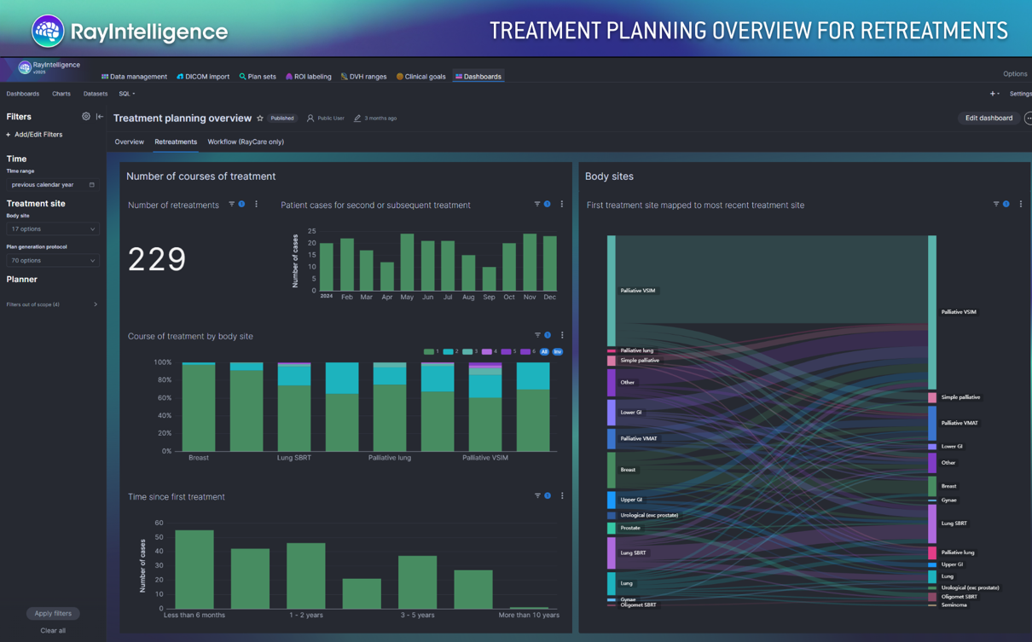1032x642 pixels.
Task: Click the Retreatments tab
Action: [176, 142]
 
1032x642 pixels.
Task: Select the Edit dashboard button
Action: [989, 119]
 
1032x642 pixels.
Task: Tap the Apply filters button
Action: [53, 613]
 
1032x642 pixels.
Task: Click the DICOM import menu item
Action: [203, 77]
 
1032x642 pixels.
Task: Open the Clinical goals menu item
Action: [420, 77]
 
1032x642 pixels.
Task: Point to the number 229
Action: [157, 259]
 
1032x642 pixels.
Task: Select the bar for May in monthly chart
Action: [407, 263]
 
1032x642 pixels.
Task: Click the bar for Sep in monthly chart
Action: [489, 279]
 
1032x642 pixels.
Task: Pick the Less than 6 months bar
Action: [194, 570]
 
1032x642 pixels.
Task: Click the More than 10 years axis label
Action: [528, 615]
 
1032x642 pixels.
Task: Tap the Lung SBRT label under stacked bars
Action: [294, 458]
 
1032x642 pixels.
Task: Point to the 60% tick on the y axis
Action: [162, 398]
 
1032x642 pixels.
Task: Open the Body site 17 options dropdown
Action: [52, 229]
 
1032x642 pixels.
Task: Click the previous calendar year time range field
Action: [52, 185]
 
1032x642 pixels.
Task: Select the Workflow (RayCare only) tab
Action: [246, 142]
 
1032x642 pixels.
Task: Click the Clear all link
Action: [53, 631]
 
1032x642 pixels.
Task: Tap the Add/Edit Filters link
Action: [35, 135]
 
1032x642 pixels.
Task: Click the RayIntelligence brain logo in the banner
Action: [48, 32]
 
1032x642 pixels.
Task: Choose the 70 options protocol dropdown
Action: [52, 261]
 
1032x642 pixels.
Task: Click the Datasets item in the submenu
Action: [96, 94]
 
